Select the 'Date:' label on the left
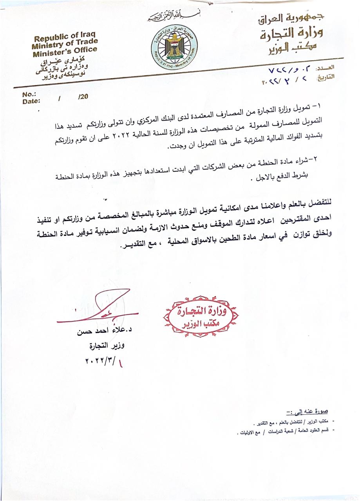coord(31,101)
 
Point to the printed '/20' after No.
coord(83,97)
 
